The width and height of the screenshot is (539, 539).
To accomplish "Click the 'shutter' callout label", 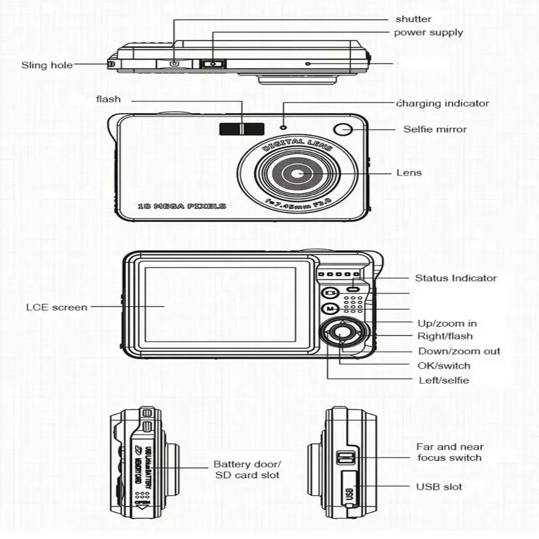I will point(413,19).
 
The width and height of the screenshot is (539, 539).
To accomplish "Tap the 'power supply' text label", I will point(428,32).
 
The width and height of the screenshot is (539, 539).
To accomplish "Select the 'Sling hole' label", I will point(47,65).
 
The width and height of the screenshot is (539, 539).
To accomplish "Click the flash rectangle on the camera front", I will point(241,129).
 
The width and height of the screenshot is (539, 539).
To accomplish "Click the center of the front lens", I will point(298,174).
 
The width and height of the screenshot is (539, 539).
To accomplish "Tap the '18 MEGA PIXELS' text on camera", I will point(182,206).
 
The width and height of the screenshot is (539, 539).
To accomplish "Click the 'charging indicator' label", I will point(443,103).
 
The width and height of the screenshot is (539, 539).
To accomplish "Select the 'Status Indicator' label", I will point(455,278).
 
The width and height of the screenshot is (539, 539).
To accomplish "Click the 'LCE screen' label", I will point(57,307).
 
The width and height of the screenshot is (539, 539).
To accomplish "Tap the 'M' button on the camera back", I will point(330,309).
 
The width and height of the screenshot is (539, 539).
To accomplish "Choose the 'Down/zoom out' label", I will point(459,351).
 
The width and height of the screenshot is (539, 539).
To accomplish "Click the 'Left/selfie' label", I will point(444,380).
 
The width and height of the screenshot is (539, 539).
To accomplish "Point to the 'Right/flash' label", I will point(445,336).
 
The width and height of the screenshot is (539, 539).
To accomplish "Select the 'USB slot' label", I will point(439,487).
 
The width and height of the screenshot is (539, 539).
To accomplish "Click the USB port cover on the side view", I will point(349,488).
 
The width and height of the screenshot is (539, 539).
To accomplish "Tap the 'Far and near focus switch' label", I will point(449,452).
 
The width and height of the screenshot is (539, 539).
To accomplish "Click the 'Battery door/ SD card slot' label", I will point(247,469).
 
